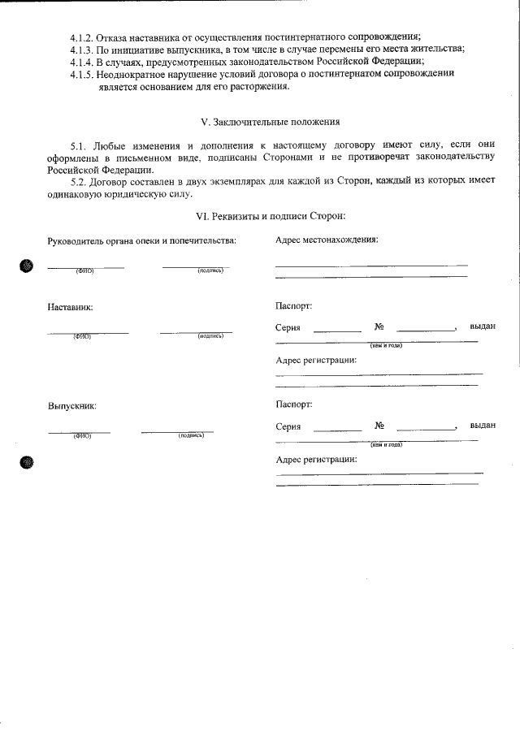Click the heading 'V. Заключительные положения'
click(270, 122)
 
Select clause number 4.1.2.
click(82, 37)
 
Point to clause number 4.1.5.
click(82, 73)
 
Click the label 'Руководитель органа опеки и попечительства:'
click(142, 240)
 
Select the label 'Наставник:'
click(71, 308)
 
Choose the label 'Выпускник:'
click(72, 405)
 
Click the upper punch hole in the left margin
click(27, 266)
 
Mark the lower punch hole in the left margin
click(27, 463)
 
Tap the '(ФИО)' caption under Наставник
click(81, 336)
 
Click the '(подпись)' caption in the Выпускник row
click(191, 435)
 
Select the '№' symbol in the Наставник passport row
click(379, 327)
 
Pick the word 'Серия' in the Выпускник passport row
click(288, 426)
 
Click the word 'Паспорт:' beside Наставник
click(294, 307)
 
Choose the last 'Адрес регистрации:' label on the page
click(316, 459)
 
